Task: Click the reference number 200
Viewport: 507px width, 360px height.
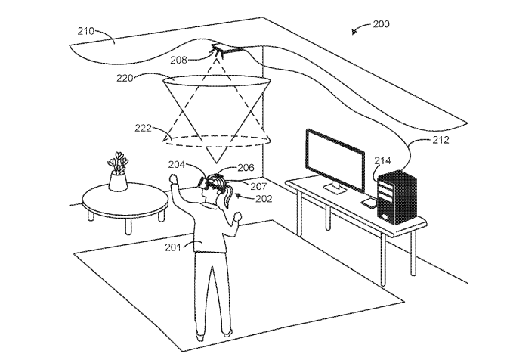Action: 382,24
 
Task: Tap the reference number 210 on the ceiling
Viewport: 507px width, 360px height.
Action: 85,31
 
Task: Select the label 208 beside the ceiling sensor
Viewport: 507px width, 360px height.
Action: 179,60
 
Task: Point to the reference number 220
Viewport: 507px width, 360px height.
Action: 125,78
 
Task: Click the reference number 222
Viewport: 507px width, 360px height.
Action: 143,129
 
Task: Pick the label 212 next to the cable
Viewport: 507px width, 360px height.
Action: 441,140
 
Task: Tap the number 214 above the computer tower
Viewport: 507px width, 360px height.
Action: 382,160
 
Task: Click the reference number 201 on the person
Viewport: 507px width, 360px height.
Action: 173,247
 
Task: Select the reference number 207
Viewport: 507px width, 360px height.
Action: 258,186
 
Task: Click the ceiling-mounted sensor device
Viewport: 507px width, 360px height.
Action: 227,49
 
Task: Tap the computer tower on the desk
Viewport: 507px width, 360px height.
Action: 397,197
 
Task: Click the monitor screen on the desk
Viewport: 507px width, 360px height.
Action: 335,160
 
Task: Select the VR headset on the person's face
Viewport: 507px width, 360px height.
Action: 208,183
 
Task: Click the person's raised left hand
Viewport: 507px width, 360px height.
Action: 174,178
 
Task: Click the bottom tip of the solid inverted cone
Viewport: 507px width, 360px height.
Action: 215,163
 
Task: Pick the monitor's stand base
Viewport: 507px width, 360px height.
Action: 335,189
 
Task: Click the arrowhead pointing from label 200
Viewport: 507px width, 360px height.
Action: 354,32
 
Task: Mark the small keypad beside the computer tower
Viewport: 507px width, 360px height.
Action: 369,203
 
